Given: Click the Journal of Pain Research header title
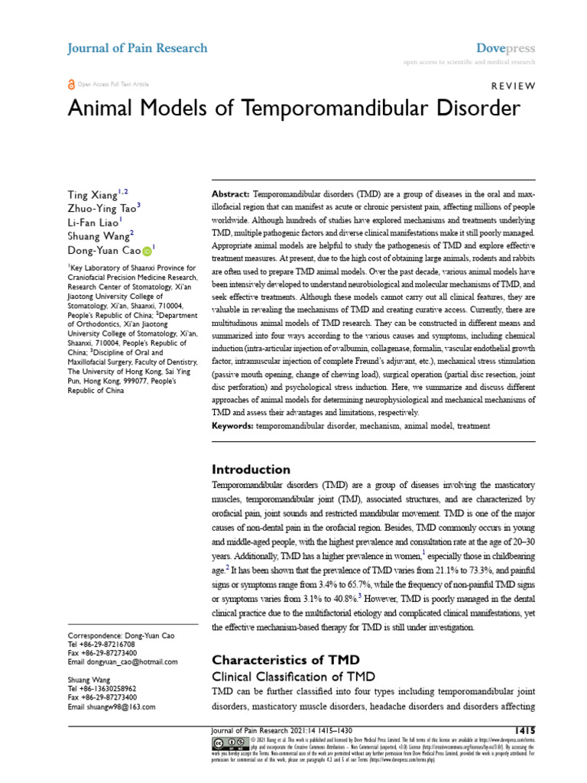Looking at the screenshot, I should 138,48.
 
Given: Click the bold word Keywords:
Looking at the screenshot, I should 234,424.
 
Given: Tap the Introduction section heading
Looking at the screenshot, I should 251,469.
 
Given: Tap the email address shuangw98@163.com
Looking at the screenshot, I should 121,707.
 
